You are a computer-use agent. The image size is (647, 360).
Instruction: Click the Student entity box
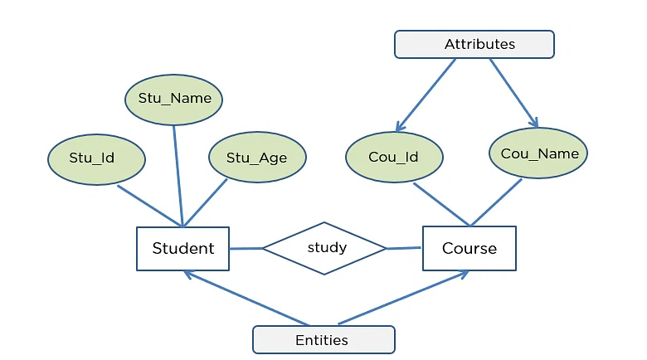click(x=182, y=248)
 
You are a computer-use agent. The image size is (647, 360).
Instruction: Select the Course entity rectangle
click(x=469, y=248)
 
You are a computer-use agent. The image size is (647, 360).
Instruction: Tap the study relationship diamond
click(x=325, y=248)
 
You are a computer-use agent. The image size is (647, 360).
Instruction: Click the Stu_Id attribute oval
click(x=96, y=157)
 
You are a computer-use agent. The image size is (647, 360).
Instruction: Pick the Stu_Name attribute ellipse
click(x=174, y=99)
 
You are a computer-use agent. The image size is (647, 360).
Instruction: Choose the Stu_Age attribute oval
click(x=256, y=157)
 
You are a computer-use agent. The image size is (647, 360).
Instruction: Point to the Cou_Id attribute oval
click(x=393, y=157)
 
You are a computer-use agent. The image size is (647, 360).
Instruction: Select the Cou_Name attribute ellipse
click(x=539, y=153)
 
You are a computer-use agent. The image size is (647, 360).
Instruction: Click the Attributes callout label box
click(x=474, y=45)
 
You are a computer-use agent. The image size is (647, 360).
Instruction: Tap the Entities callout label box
click(x=323, y=340)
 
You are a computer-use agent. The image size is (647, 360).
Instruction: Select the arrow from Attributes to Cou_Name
click(x=513, y=92)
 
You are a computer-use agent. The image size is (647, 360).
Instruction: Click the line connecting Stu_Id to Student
click(x=149, y=205)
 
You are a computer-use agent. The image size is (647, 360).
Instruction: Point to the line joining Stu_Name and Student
click(x=178, y=175)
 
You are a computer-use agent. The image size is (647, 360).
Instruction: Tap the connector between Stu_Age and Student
click(x=206, y=202)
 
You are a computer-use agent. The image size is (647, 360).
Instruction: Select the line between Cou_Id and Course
click(x=441, y=204)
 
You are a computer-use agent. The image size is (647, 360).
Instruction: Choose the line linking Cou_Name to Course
click(x=497, y=202)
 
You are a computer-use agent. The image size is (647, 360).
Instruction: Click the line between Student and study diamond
click(x=246, y=248)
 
